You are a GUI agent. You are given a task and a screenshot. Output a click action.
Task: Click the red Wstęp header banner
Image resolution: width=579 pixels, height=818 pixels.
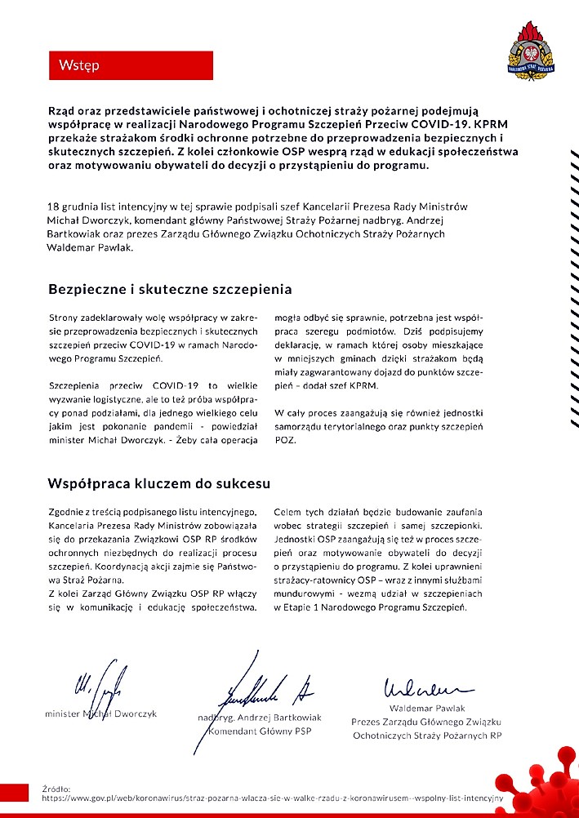click(131, 65)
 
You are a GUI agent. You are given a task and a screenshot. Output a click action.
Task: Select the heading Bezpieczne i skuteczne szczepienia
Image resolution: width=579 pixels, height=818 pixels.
click(170, 289)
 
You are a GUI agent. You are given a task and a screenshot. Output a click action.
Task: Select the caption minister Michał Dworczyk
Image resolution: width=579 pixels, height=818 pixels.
click(100, 714)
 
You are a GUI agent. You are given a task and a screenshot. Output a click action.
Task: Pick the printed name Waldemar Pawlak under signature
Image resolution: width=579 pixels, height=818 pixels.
click(426, 708)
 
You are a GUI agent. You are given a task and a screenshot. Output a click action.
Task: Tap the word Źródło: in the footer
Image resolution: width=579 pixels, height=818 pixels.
click(57, 789)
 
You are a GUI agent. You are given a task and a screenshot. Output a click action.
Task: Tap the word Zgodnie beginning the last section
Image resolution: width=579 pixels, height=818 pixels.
click(68, 511)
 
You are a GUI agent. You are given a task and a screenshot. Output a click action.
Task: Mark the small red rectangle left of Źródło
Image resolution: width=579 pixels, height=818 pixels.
click(16, 791)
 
